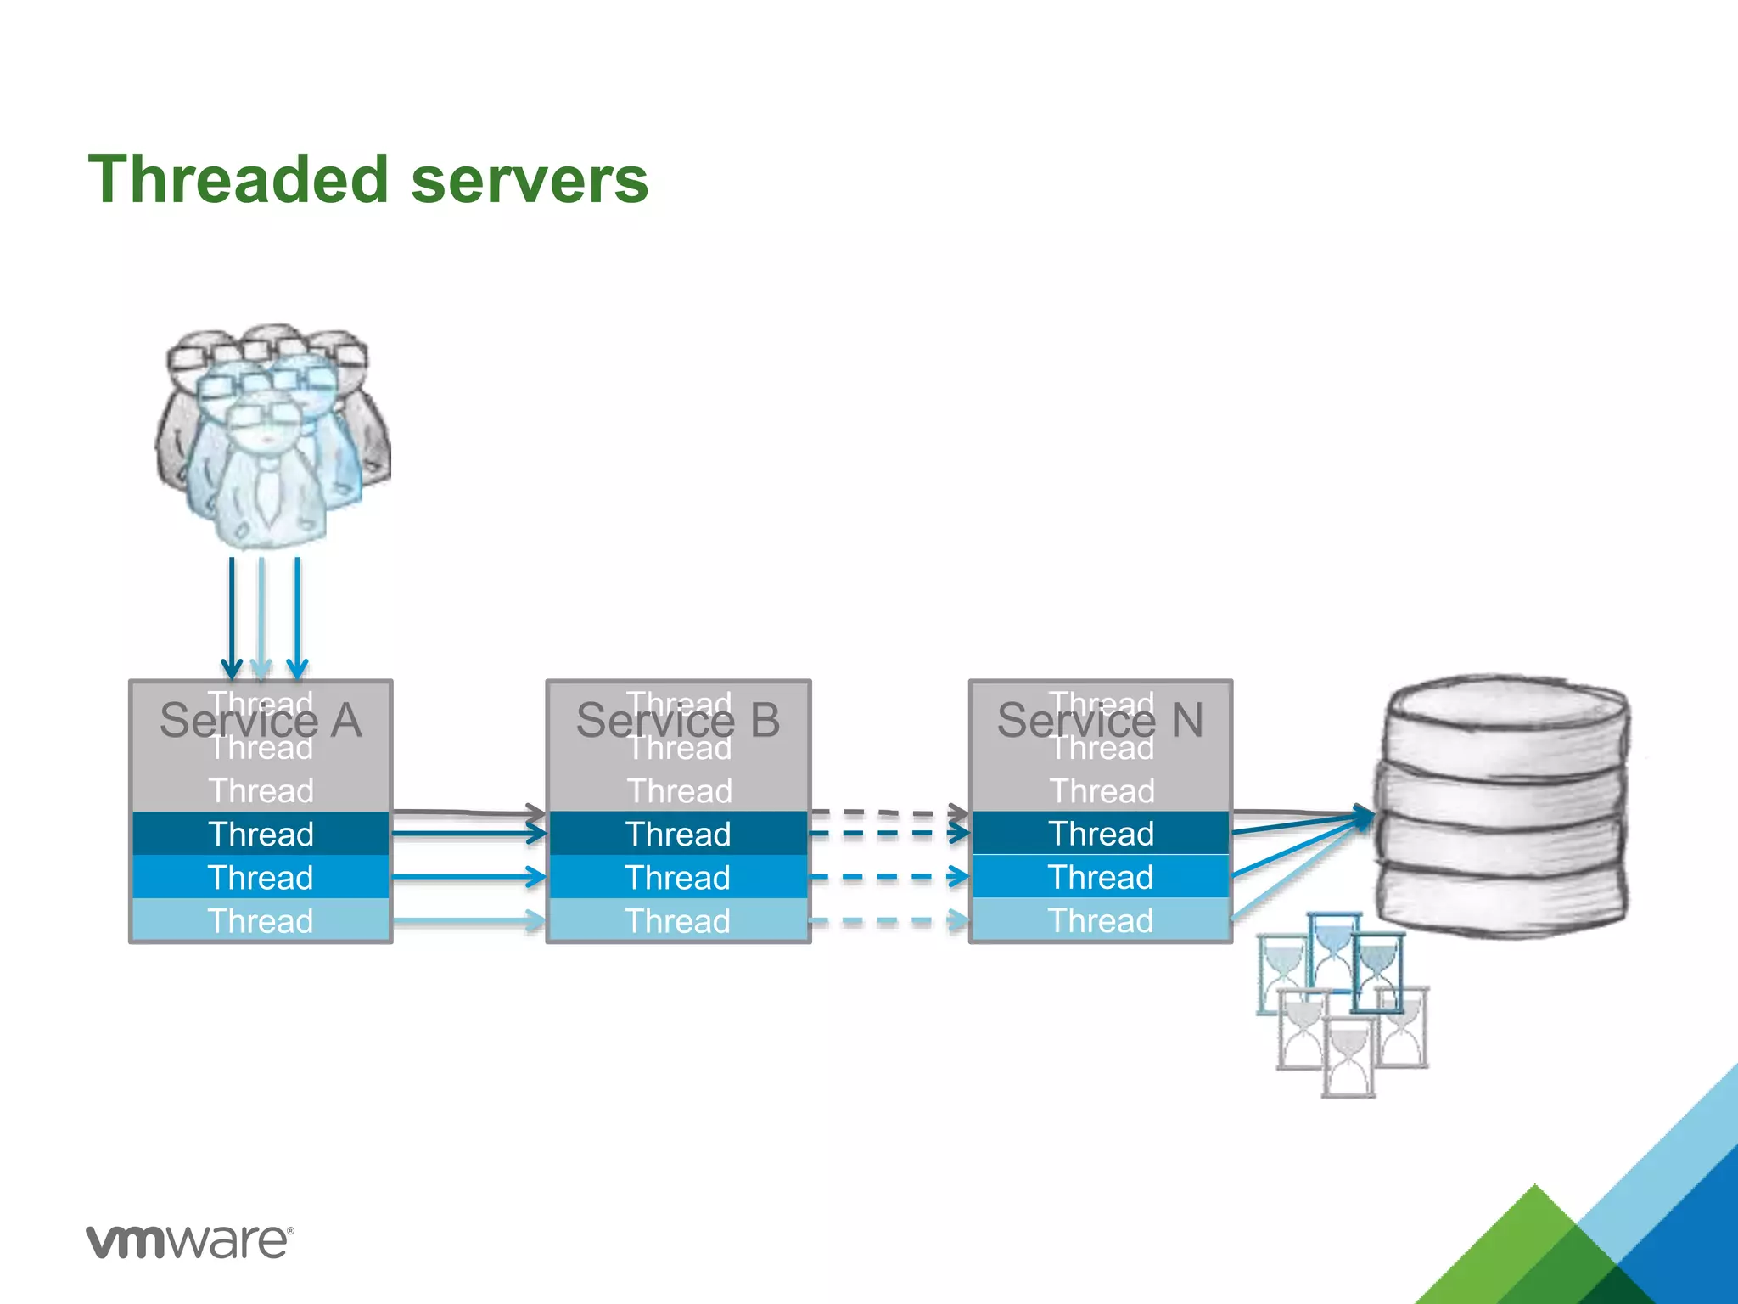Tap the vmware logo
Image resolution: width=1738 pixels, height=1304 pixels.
tap(190, 1241)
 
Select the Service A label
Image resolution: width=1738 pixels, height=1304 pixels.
tap(260, 722)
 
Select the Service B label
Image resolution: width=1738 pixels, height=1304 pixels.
tap(677, 722)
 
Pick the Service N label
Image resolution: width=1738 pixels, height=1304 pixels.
tap(1100, 722)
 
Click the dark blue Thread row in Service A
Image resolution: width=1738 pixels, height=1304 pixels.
tap(261, 834)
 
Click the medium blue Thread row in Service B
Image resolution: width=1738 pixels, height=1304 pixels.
tap(677, 877)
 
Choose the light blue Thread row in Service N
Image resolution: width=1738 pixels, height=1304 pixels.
tap(1100, 920)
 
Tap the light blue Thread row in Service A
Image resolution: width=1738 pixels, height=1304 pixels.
tap(261, 920)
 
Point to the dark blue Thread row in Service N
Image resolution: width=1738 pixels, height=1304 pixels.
tap(1100, 834)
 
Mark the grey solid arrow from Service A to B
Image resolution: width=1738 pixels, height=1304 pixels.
tap(467, 812)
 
